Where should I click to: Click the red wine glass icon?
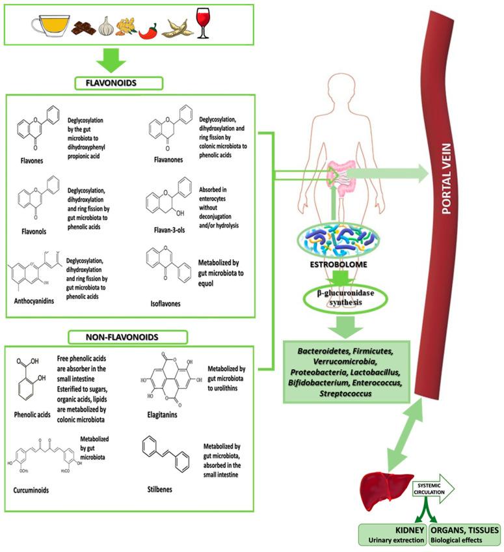click(x=203, y=23)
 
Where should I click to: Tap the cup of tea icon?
click(x=49, y=26)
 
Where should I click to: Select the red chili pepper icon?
click(x=148, y=31)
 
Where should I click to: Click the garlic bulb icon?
click(x=106, y=27)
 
